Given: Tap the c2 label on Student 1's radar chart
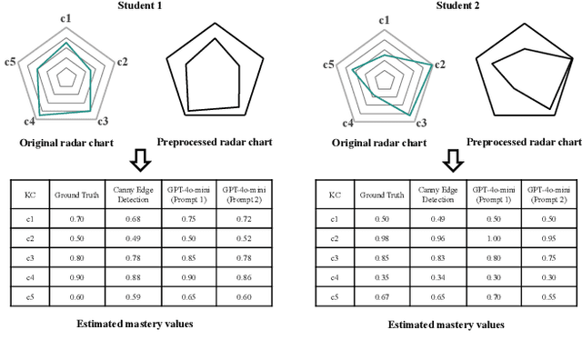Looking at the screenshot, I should pos(122,61).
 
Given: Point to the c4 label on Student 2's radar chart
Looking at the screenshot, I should pos(346,123).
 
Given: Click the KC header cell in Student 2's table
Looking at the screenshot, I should pos(335,194).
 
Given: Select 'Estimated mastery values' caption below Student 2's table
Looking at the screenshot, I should pos(446,325).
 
